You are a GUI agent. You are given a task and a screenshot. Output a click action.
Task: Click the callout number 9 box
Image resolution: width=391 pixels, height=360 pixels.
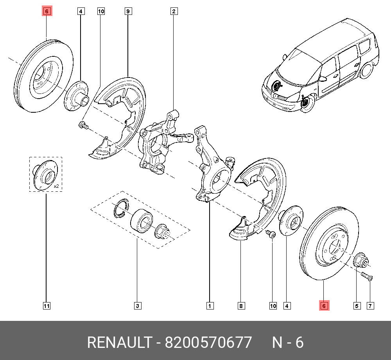point(128,11)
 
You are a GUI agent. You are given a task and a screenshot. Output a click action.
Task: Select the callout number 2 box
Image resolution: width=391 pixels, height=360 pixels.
point(174,11)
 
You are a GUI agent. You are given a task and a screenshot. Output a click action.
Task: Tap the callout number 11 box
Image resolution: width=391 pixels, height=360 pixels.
point(47,306)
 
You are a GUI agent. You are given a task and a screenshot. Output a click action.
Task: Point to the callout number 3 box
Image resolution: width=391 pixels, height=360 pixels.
point(137,306)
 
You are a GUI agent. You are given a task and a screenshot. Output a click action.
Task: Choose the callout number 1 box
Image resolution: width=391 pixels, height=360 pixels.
point(210,306)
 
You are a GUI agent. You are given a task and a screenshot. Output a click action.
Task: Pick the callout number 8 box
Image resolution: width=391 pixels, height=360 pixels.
point(241,306)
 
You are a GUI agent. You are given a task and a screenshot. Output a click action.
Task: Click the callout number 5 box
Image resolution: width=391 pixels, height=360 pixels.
point(357,306)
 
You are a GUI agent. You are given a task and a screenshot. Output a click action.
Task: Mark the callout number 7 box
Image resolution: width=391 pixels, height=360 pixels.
point(370,306)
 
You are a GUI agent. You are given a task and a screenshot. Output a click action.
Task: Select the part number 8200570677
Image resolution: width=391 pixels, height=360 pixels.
point(208,342)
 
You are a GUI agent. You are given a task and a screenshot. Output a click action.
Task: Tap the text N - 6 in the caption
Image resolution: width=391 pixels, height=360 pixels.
point(288,342)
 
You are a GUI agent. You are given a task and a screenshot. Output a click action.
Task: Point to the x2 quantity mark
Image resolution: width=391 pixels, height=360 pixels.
point(56,186)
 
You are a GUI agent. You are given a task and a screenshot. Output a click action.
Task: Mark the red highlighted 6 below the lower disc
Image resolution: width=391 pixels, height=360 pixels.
point(324,306)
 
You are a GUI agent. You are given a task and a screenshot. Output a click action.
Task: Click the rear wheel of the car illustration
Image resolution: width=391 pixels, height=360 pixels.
point(366,70)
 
